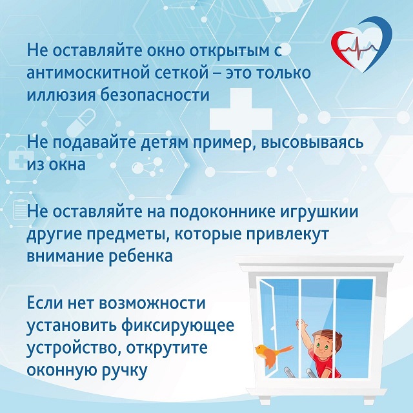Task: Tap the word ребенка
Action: click(141, 256)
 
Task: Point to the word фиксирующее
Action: click(178, 326)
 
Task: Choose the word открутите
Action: click(166, 348)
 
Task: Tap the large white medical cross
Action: click(241, 119)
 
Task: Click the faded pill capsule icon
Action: click(81, 122)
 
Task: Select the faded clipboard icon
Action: click(21, 210)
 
